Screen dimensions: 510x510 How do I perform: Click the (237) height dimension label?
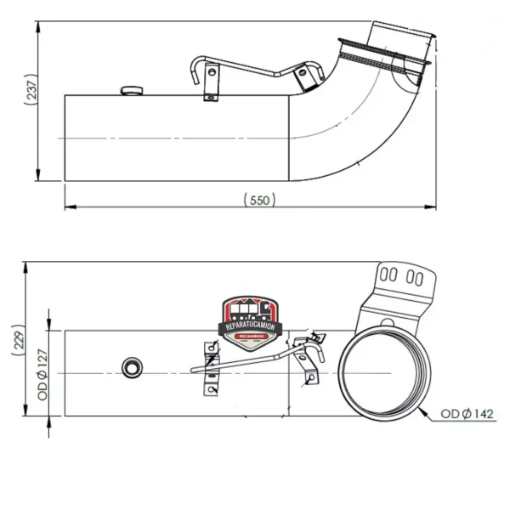tap(31, 89)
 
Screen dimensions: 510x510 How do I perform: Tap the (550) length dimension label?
tap(259, 200)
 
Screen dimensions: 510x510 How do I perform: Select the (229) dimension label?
tap(19, 340)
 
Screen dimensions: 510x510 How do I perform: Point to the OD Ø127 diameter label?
tap(42, 374)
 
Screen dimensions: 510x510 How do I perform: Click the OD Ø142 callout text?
tap(467, 414)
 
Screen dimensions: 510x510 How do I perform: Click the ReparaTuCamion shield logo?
tap(250, 323)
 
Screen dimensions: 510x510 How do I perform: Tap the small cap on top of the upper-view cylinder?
tap(132, 90)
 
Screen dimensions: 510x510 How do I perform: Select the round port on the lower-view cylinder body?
tap(132, 368)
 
